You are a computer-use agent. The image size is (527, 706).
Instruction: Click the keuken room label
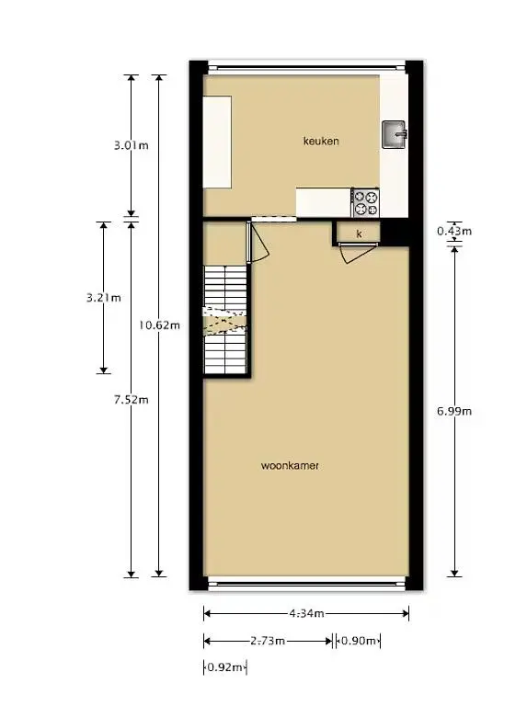click(321, 141)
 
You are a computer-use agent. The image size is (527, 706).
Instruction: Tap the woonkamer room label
click(290, 465)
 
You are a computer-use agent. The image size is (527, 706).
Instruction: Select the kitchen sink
click(395, 134)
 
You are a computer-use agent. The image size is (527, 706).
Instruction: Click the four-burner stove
click(365, 202)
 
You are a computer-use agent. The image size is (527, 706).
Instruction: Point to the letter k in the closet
click(359, 233)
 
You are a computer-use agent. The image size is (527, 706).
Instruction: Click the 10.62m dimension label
click(159, 325)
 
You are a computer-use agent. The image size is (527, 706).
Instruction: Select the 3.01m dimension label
click(132, 145)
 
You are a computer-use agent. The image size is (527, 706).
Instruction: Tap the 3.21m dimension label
click(104, 298)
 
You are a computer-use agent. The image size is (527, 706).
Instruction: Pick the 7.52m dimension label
click(132, 399)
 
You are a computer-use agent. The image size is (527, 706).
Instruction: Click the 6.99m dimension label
click(454, 411)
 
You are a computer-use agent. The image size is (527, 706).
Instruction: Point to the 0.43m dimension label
click(454, 231)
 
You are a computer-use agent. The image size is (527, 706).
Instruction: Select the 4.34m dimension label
click(306, 613)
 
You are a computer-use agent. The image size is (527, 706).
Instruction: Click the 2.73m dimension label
click(268, 640)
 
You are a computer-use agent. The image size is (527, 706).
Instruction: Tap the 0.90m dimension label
click(358, 640)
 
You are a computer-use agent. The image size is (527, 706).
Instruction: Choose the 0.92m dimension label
click(224, 666)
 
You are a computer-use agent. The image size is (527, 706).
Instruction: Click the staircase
click(225, 320)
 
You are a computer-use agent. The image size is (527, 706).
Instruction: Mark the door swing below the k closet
click(357, 253)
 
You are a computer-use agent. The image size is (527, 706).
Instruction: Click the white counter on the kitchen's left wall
click(217, 142)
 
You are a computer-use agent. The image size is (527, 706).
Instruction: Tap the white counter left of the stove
click(324, 202)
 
